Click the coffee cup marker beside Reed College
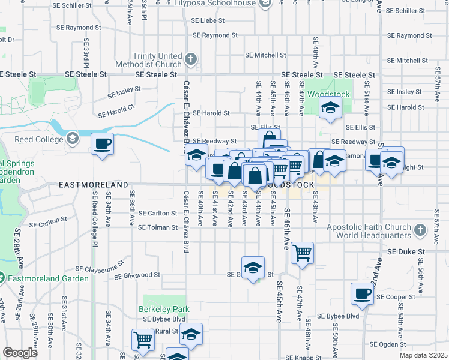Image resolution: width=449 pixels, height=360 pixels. [102, 144]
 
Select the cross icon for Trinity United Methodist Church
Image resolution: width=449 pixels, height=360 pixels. [191, 59]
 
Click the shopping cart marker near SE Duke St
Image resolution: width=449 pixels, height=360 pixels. [303, 252]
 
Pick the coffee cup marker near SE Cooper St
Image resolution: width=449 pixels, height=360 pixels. [363, 293]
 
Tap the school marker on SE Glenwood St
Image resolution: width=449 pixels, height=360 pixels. [253, 267]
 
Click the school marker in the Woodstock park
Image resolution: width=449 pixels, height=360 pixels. [330, 109]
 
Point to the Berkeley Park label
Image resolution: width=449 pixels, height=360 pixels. [166, 309]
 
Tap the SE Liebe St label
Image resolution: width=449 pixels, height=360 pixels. [208, 20]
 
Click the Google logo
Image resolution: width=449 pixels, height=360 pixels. [20, 353]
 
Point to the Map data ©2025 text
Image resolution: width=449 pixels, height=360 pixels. [423, 355]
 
